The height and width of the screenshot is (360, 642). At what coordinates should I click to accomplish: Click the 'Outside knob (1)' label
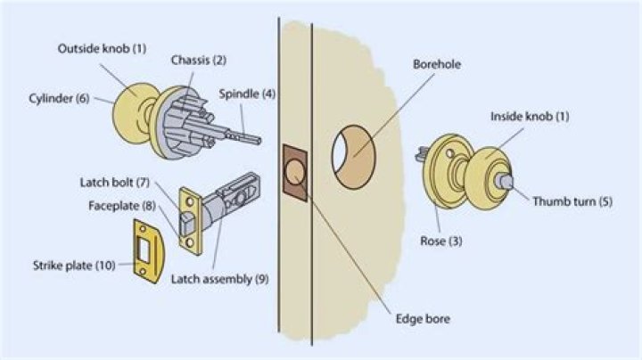102,47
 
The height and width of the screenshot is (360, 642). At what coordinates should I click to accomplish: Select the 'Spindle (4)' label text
246,94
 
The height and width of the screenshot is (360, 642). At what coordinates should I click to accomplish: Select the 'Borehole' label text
436,65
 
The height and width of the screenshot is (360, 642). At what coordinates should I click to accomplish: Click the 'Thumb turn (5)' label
571,201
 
